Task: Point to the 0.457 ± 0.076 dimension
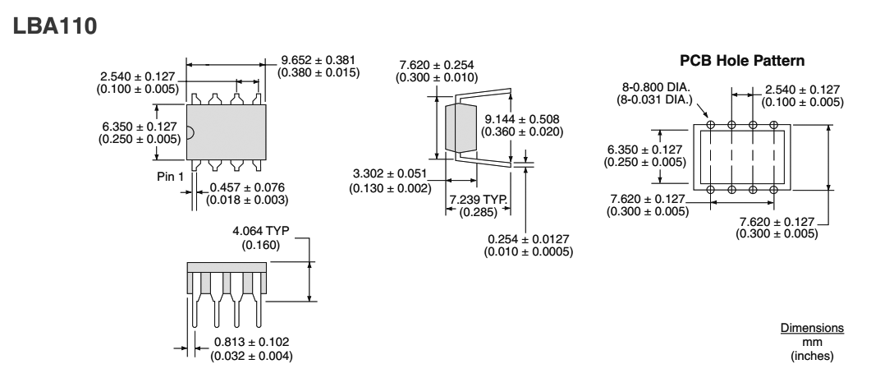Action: click(x=245, y=187)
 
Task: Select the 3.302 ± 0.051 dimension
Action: click(x=392, y=175)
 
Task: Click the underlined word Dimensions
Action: click(x=811, y=327)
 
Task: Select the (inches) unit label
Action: click(x=811, y=356)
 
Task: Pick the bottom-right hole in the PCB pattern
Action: click(x=774, y=190)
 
